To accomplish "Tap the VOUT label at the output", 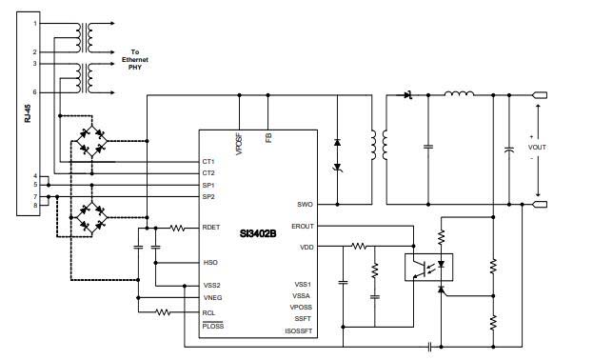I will pos(538,149).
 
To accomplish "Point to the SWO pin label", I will pos(305,204).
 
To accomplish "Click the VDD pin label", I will pos(305,247).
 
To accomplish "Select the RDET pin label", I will pos(212,228).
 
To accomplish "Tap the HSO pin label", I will pos(210,262).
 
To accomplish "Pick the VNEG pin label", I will pos(212,297).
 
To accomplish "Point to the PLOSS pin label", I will pos(214,326).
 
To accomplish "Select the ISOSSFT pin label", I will pos(298,330).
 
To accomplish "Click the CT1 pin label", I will pos(208,162).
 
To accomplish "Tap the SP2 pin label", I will pos(208,196).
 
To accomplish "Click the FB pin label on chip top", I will pos(269,138).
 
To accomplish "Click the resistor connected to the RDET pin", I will pos(177,229).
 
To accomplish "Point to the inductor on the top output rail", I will pos(461,94).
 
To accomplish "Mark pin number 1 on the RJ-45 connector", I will pos(36,23).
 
